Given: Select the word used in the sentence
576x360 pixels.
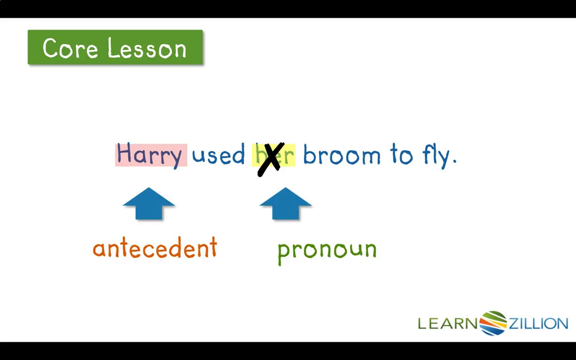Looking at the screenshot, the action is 219,154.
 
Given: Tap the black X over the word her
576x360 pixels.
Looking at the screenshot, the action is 271,159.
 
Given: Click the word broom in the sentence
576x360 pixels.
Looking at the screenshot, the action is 342,154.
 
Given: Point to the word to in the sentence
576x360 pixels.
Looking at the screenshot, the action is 402,154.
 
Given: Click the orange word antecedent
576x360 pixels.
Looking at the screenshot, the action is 155,247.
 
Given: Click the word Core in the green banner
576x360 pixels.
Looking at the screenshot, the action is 70,48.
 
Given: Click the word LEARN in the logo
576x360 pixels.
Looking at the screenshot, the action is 447,323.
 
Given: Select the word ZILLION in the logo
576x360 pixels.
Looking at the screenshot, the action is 538,323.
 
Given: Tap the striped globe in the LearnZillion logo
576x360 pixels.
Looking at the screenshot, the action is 493,323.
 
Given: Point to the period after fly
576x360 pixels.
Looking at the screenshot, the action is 455,161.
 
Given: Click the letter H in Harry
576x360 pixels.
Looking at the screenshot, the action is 124,153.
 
